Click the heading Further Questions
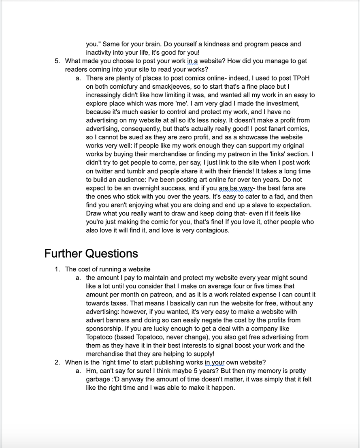point(91,254)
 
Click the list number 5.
point(57,61)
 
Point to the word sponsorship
point(105,329)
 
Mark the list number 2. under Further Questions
point(57,363)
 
